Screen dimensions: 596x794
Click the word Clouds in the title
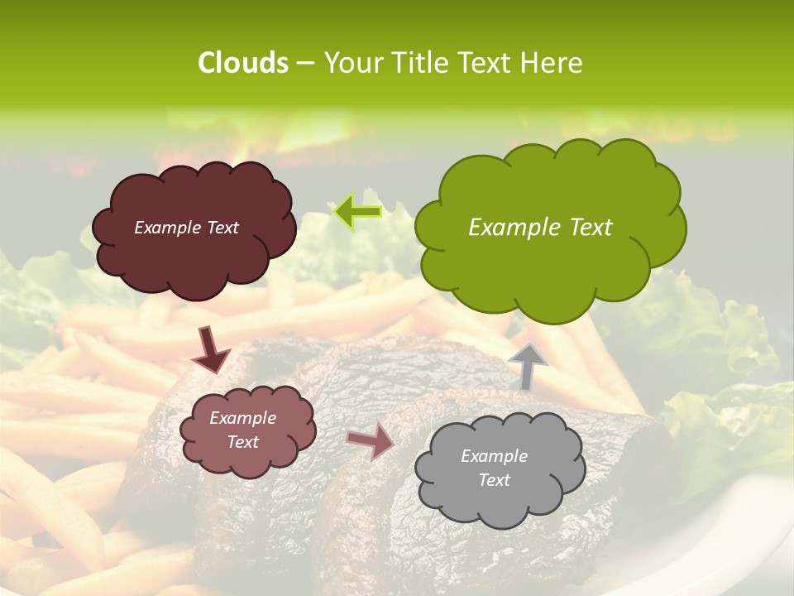click(x=242, y=63)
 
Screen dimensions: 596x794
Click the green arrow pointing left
click(x=357, y=212)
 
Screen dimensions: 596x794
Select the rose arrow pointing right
click(x=371, y=441)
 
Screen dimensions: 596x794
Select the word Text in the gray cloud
click(x=494, y=480)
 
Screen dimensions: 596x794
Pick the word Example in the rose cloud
click(x=242, y=418)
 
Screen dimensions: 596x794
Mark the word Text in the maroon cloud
click(x=222, y=228)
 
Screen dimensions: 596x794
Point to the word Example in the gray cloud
click(x=494, y=456)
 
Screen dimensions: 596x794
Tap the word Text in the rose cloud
click(x=242, y=442)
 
